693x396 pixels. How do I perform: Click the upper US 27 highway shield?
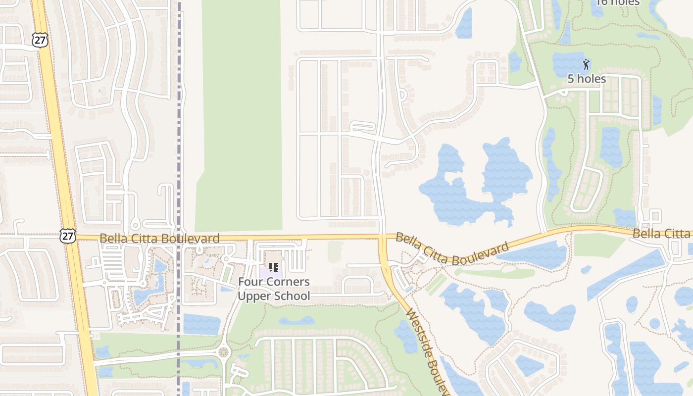pos(41,40)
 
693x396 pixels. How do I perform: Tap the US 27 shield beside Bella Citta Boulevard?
pos(67,236)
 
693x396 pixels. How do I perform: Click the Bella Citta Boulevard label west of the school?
pos(159,239)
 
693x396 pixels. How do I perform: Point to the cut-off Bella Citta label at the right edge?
pos(662,234)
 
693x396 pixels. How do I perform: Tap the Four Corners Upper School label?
pos(274,289)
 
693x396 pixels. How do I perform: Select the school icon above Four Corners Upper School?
pos(273,268)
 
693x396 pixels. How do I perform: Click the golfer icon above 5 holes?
pos(586,64)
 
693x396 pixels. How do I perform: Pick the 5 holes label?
pos(586,79)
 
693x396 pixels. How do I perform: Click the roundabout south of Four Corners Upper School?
pos(224,352)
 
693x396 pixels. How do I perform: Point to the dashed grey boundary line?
pos(179,148)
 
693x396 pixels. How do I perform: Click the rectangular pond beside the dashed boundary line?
pos(201,324)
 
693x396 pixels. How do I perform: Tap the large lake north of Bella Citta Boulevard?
pos(470,188)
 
